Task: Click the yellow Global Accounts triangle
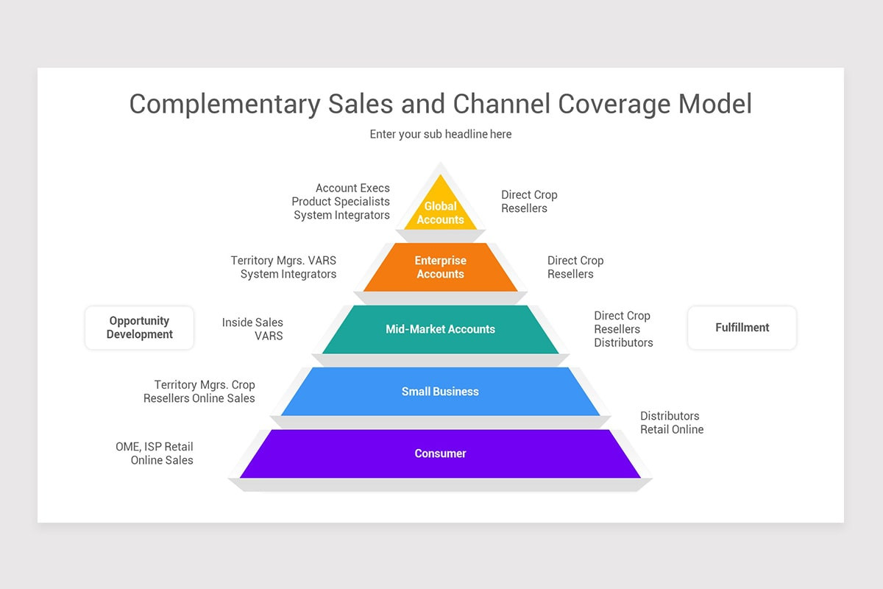click(x=440, y=210)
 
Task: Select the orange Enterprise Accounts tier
click(x=440, y=267)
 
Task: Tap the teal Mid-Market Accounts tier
click(x=440, y=329)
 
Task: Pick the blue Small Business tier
click(x=440, y=392)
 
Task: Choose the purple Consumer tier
click(x=440, y=454)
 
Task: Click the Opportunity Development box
click(x=139, y=328)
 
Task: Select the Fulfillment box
click(x=742, y=328)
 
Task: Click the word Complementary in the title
click(x=224, y=104)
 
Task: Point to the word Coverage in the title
click(x=614, y=104)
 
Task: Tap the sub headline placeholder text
click(x=440, y=134)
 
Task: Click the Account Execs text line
click(x=352, y=188)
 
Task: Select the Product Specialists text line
click(x=340, y=202)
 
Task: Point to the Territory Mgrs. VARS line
click(x=283, y=261)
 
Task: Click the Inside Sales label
click(x=252, y=322)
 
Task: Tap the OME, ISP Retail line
click(x=154, y=447)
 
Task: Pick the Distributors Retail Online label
click(x=671, y=423)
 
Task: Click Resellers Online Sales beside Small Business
click(x=199, y=398)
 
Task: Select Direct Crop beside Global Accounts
click(x=529, y=195)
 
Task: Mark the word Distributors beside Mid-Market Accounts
click(x=623, y=342)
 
